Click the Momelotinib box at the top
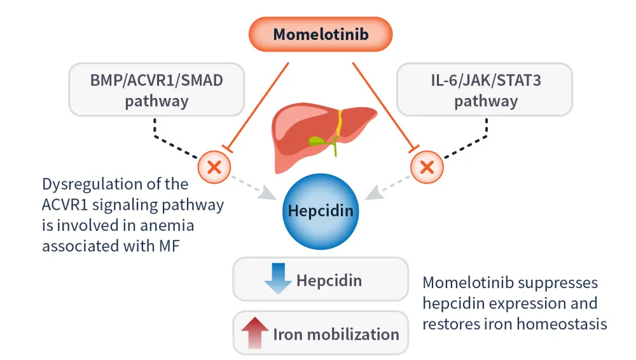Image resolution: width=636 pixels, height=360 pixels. [321, 34]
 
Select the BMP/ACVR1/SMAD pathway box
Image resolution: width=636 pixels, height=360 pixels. [156, 90]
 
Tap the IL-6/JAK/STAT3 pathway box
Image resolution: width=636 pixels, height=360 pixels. [485, 90]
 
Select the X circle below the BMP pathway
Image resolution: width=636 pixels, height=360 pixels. [214, 167]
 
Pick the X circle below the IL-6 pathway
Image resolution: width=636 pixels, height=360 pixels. [427, 167]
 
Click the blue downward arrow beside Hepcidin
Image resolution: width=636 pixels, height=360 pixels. [278, 279]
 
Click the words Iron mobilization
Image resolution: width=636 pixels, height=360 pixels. [336, 334]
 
